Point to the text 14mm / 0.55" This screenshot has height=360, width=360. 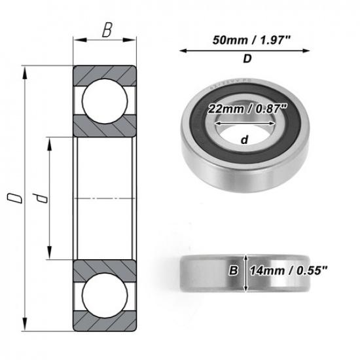coord(290,270)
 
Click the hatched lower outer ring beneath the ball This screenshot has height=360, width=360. coord(105,320)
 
